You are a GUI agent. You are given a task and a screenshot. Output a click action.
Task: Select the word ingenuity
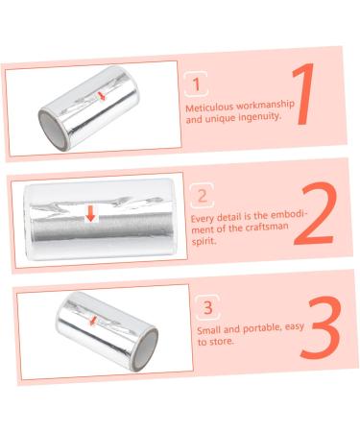[x=260, y=119]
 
